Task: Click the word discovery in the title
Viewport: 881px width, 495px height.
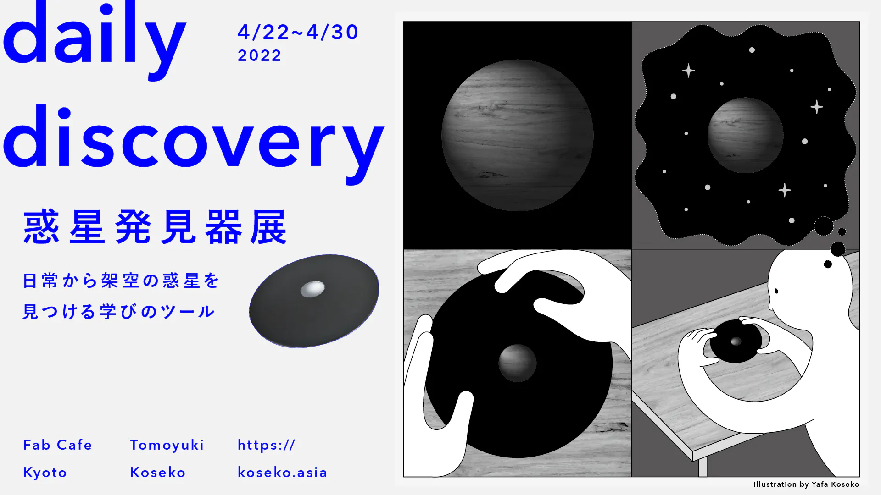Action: click(193, 142)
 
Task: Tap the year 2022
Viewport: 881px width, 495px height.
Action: click(259, 55)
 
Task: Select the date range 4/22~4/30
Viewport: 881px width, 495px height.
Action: click(298, 32)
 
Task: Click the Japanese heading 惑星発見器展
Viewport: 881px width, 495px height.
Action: click(155, 227)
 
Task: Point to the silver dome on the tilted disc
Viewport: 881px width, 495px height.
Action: click(313, 289)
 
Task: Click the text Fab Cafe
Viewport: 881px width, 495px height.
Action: click(57, 445)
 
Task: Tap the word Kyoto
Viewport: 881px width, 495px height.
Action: click(45, 473)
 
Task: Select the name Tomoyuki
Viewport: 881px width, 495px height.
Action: click(167, 445)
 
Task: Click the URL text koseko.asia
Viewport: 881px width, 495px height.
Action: click(282, 472)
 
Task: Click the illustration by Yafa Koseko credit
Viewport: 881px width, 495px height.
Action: click(806, 484)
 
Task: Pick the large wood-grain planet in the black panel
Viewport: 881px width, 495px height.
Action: click(518, 135)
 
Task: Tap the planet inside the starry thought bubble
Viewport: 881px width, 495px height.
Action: click(746, 135)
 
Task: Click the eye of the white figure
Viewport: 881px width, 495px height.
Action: click(776, 291)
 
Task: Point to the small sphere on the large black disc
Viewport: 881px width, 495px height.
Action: click(518, 363)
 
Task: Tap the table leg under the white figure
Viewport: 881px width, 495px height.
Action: click(703, 467)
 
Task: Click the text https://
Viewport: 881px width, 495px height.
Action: click(266, 445)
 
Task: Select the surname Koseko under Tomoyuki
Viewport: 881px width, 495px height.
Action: click(157, 472)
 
